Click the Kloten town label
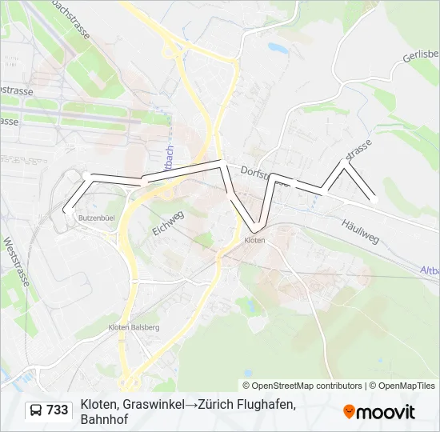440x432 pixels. (x=254, y=240)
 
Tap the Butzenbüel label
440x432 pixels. (x=95, y=218)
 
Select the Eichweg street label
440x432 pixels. (x=168, y=222)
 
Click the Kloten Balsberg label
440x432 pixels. (x=134, y=327)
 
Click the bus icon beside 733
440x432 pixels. (x=37, y=410)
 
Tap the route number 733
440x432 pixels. (x=58, y=410)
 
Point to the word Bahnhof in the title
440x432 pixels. (x=104, y=419)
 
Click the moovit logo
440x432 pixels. (x=379, y=412)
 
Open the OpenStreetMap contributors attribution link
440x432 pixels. (x=307, y=386)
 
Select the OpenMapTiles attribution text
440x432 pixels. (x=403, y=386)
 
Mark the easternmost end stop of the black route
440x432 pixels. (x=374, y=200)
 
